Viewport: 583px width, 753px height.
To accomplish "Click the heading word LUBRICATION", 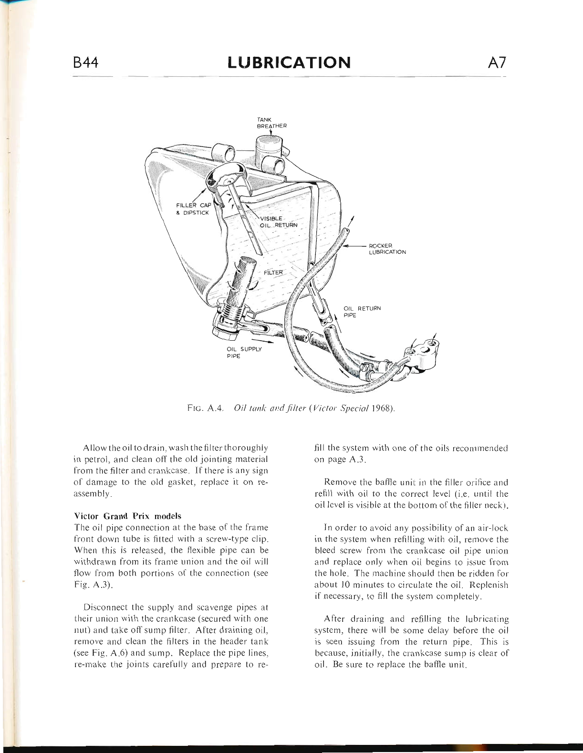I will [289, 63].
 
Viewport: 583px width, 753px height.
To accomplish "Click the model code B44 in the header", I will [85, 63].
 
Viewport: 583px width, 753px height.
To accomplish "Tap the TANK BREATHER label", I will [271, 123].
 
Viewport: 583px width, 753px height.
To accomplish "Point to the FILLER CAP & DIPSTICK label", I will [193, 209].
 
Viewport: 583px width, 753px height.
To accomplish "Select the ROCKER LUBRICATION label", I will [387, 249].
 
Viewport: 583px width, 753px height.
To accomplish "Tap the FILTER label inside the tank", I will [273, 272].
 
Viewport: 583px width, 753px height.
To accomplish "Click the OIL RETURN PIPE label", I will [362, 312].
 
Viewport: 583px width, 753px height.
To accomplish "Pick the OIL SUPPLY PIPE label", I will [244, 353].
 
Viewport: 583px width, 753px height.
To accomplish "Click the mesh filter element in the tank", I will [241, 277].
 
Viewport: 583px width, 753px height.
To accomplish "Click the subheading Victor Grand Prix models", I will [128, 516].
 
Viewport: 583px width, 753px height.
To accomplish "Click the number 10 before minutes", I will [345, 585].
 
